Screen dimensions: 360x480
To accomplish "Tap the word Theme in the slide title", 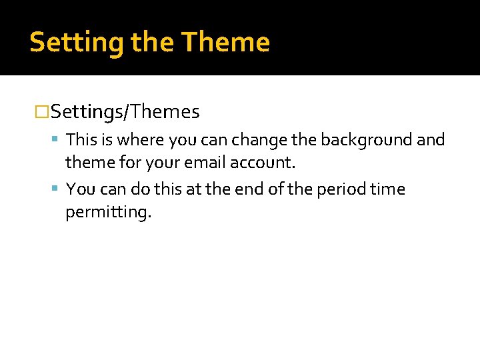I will [225, 43].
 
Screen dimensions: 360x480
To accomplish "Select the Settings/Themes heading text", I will [125, 112].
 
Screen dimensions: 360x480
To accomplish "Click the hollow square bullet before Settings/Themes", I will [42, 112].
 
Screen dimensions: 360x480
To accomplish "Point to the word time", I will [387, 189].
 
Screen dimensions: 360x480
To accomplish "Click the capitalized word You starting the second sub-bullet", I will [81, 189].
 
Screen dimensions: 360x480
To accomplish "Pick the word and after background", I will [431, 140].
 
